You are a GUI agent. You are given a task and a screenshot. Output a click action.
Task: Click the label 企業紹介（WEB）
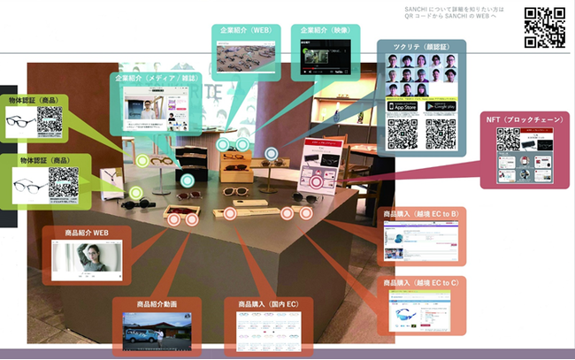[247, 31]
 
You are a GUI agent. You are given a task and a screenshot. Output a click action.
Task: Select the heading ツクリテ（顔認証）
[421, 47]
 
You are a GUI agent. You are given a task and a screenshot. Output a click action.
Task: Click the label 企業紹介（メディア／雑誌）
[156, 79]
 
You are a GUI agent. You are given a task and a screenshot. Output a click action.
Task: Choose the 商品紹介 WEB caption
[86, 234]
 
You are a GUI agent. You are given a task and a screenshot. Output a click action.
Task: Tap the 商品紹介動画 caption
[157, 304]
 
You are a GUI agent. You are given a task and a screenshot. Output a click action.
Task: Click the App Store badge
[402, 106]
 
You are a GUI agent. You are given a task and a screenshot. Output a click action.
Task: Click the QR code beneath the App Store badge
[402, 133]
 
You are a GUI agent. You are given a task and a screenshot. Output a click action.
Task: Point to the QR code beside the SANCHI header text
[544, 27]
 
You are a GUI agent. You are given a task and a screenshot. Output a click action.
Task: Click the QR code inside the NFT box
[508, 141]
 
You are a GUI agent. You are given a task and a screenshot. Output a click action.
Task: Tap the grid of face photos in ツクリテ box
[421, 74]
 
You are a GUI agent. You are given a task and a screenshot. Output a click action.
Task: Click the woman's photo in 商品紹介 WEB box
[86, 259]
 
